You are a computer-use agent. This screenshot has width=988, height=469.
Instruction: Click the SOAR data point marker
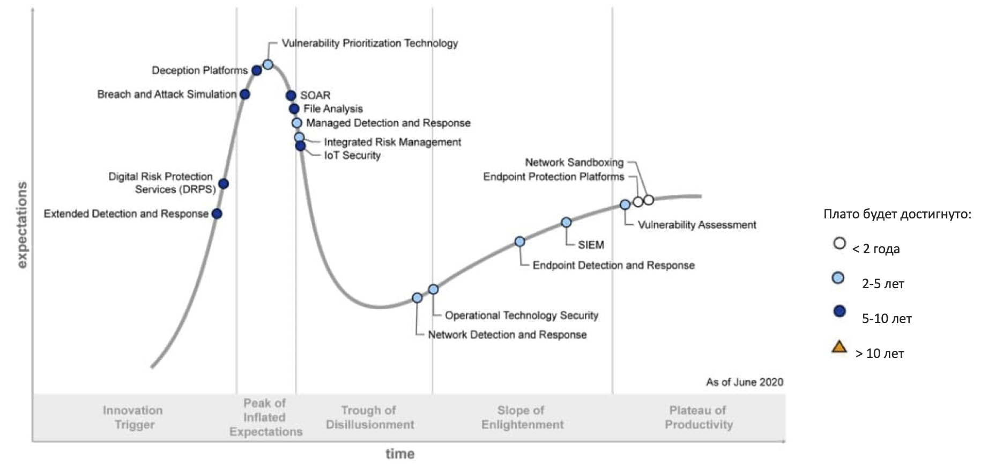(x=291, y=96)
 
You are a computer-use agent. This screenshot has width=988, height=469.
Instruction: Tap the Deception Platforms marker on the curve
(x=257, y=70)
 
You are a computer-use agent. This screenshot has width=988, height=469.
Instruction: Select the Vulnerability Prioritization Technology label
(x=370, y=43)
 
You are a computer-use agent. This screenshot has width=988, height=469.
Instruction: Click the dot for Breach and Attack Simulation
(x=244, y=94)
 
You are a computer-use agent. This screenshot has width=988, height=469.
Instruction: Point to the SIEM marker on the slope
(x=566, y=222)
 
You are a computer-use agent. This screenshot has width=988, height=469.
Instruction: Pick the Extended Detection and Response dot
(x=217, y=214)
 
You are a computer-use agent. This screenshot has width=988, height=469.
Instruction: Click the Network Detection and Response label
(x=507, y=335)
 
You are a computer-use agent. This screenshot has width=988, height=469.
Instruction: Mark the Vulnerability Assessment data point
(x=625, y=204)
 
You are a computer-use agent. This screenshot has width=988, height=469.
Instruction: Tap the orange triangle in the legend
(x=839, y=347)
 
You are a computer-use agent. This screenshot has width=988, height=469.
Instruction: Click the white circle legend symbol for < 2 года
(x=839, y=244)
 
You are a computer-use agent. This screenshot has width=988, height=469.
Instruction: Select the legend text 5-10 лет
(x=886, y=319)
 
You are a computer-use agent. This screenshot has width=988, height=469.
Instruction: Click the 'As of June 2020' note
(x=744, y=382)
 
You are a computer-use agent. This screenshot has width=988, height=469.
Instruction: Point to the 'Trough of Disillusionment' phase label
(x=370, y=417)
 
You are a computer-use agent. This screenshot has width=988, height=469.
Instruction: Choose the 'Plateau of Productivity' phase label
(x=698, y=417)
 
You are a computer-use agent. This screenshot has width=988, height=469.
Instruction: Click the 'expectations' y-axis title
(x=22, y=225)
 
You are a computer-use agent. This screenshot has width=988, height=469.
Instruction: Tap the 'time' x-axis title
(x=400, y=454)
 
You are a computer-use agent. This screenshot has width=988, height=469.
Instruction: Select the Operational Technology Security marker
(x=433, y=290)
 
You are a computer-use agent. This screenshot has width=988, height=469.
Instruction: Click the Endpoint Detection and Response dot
(x=519, y=241)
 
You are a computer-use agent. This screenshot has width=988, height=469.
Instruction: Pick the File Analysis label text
(x=333, y=109)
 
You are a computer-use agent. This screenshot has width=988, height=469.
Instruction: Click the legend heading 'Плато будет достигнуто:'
(x=897, y=215)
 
